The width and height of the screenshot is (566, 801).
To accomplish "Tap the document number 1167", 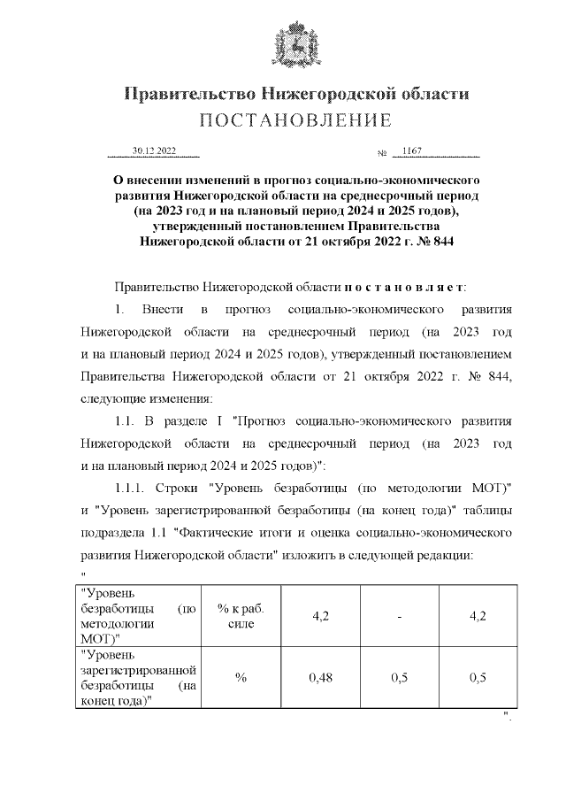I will point(412,151).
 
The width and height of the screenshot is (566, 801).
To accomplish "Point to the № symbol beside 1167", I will point(382,155).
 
